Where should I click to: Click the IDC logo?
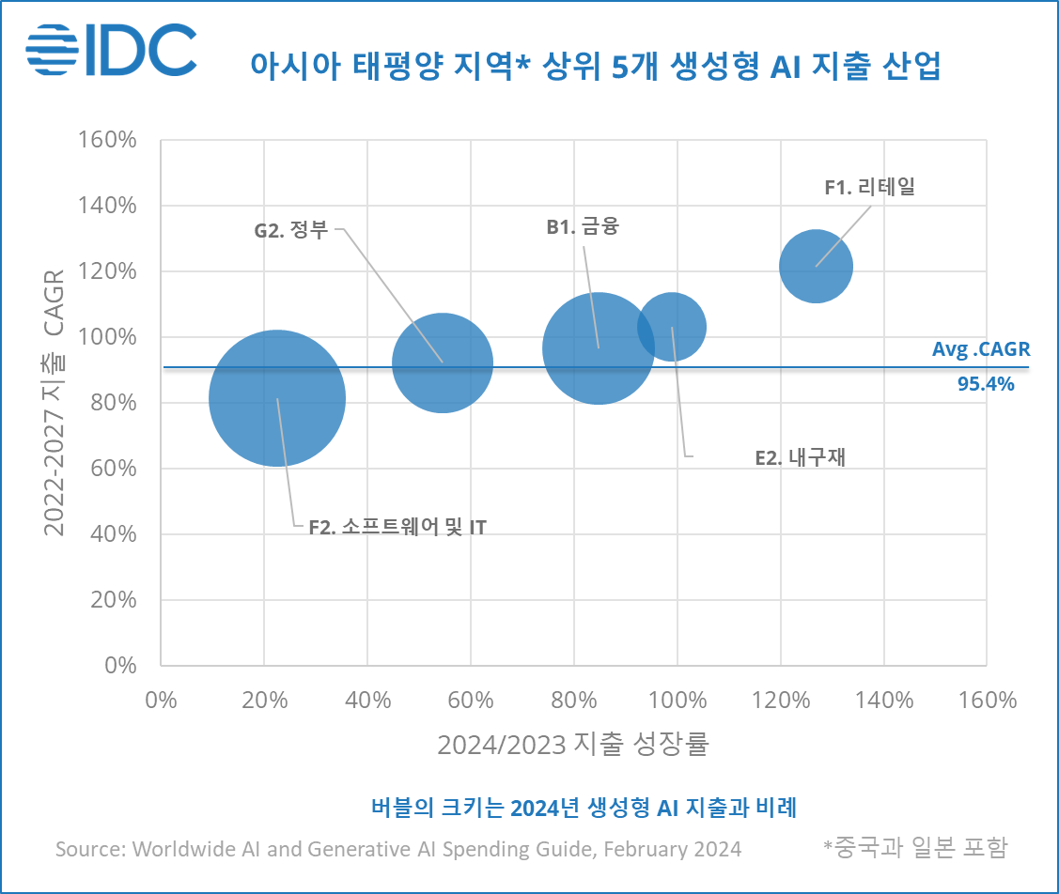pyautogui.click(x=111, y=50)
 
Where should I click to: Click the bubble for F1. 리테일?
pyautogui.click(x=816, y=267)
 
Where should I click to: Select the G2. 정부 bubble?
pyautogui.click(x=442, y=362)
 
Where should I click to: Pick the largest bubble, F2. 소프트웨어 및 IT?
pyautogui.click(x=276, y=398)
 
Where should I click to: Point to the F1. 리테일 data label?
pyautogui.click(x=868, y=187)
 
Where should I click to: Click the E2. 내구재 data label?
pyautogui.click(x=801, y=458)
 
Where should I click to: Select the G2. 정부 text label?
pyautogui.click(x=291, y=230)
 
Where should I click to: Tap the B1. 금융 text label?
pyautogui.click(x=583, y=226)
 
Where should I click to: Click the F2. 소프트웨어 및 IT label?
pyautogui.click(x=397, y=526)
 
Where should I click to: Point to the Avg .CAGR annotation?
pyautogui.click(x=980, y=349)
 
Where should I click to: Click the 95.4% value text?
pyautogui.click(x=986, y=383)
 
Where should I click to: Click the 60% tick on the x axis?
pyautogui.click(x=471, y=701)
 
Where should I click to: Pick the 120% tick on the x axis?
pyautogui.click(x=781, y=701)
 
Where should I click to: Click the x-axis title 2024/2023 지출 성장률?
pyautogui.click(x=572, y=745)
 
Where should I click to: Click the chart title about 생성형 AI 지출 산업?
pyautogui.click(x=595, y=66)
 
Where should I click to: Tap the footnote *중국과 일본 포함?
pyautogui.click(x=914, y=847)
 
